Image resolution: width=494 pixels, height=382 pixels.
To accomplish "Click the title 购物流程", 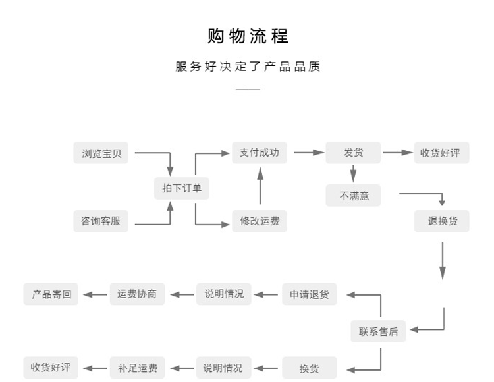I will click(248, 36).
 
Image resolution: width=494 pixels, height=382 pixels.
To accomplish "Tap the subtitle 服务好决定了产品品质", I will click(248, 67).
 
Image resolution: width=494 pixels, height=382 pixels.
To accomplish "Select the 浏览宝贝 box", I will click(101, 153).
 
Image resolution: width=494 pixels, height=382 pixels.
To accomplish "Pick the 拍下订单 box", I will click(182, 188).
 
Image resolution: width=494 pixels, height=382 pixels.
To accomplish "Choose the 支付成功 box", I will click(260, 153).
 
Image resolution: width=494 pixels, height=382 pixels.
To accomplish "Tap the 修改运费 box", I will click(260, 221).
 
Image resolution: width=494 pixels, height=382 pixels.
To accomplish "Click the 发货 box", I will click(354, 153).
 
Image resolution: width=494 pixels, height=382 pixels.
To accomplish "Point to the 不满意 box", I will click(354, 196).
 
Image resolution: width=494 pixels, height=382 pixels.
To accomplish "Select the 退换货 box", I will click(442, 221).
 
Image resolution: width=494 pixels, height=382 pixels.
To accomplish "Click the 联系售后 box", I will click(379, 331).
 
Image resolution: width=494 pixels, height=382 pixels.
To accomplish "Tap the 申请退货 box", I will click(310, 294).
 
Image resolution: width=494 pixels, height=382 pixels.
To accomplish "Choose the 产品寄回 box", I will click(51, 294).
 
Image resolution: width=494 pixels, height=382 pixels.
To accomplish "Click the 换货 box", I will click(310, 368).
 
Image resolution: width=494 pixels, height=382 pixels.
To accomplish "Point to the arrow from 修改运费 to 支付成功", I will click(260, 186).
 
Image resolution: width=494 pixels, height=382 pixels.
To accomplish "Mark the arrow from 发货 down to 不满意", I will click(353, 173).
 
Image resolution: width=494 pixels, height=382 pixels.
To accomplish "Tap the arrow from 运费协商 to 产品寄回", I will click(95, 294).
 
